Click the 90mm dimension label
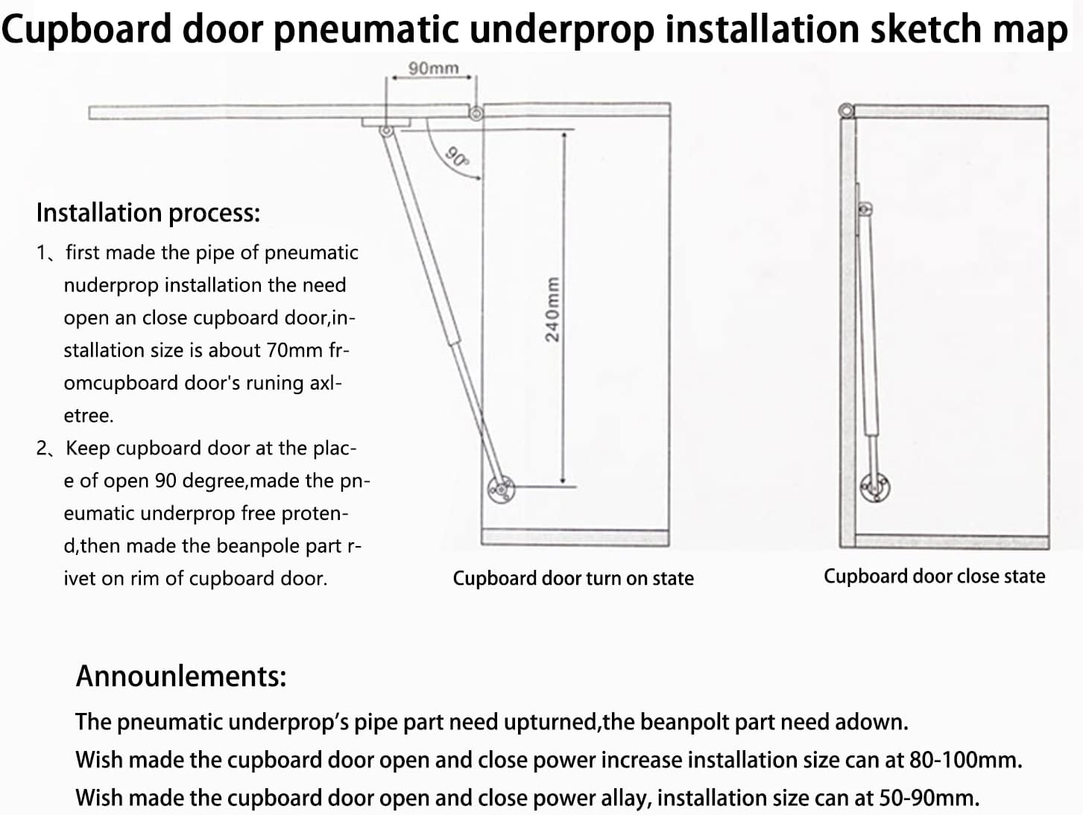click(433, 69)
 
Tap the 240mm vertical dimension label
click(552, 310)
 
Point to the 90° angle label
click(457, 156)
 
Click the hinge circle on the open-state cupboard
click(476, 114)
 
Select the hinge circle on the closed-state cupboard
click(847, 110)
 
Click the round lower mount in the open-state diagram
click(501, 489)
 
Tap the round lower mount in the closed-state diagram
click(875, 488)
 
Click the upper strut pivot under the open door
click(386, 131)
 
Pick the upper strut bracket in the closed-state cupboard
click(865, 209)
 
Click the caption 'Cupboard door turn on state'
click(573, 578)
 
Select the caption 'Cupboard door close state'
click(935, 577)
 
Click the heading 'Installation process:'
click(148, 213)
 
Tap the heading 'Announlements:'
click(181, 676)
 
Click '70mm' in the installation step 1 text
click(294, 350)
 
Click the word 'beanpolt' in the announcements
click(684, 723)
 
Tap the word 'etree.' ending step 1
click(89, 416)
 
